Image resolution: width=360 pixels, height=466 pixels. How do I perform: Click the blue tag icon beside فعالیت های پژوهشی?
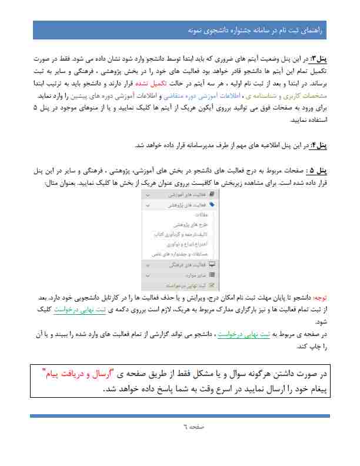coord(212,205)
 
